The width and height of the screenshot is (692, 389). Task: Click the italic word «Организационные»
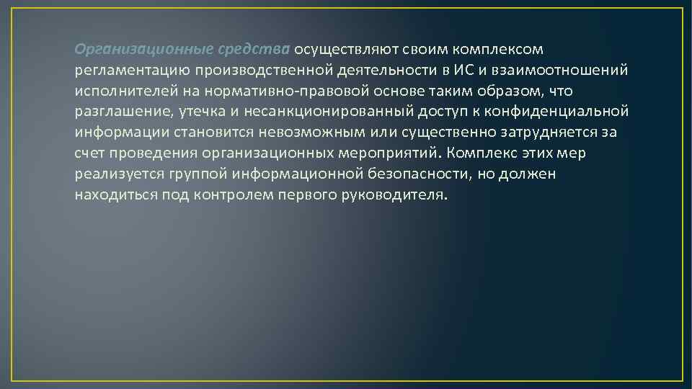tap(143, 50)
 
